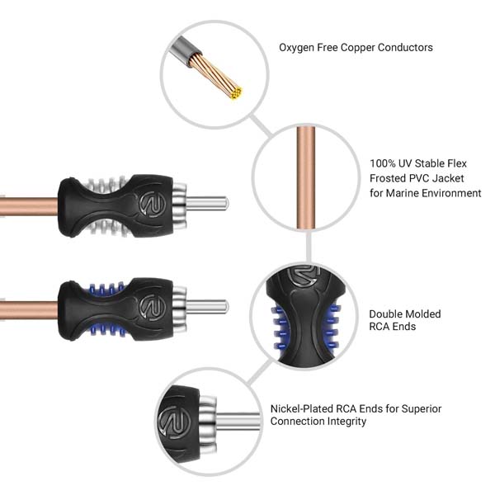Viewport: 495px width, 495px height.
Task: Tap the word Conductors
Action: coord(405,47)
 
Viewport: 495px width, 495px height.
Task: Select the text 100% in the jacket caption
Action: coord(382,163)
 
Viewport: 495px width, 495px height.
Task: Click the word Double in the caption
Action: coord(385,313)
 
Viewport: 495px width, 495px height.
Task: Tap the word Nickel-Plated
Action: coord(301,409)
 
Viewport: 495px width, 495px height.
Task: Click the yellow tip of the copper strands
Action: coord(236,92)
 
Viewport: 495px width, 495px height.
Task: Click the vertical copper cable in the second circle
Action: coord(305,177)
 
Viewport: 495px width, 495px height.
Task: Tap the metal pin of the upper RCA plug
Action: coord(207,204)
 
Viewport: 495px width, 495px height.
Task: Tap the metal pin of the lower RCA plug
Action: coord(207,307)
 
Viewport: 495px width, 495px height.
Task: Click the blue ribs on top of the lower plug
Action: coord(106,288)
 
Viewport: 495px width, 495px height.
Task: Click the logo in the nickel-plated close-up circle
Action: coord(174,422)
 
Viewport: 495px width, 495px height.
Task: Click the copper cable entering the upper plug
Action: coord(29,207)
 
